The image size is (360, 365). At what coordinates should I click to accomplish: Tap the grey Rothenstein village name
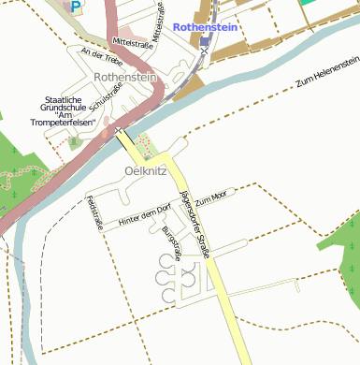pos(124,78)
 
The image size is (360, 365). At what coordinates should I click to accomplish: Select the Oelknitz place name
pos(144,171)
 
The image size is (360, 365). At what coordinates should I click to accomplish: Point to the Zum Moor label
pos(211,197)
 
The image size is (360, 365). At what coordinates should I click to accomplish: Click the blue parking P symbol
pos(76,6)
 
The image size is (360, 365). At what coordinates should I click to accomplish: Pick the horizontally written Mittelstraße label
pos(132,41)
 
